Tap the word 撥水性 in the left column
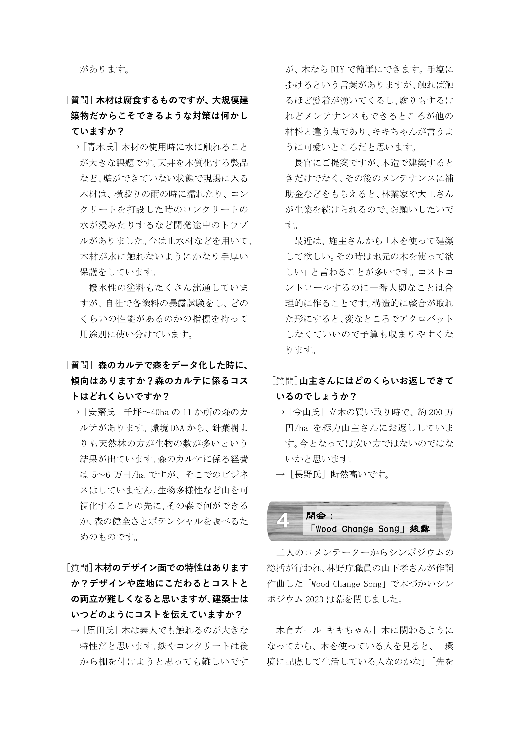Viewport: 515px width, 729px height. coord(103,288)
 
